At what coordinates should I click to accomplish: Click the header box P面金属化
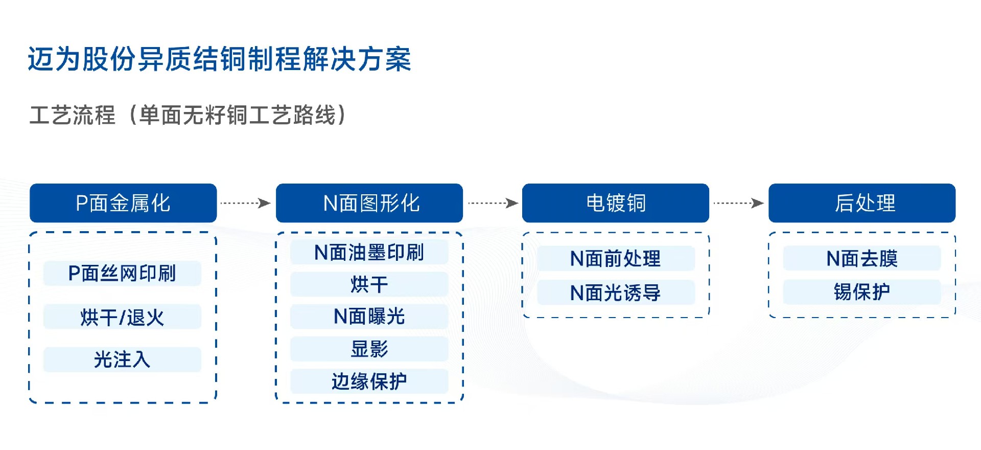coord(123,203)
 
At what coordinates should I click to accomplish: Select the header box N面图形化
coord(369,203)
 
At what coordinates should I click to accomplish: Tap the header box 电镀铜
coord(616,203)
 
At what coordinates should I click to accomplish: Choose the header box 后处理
coord(862,203)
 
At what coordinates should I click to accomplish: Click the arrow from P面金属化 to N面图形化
coord(246,203)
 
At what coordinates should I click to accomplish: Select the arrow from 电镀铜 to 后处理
coord(738,203)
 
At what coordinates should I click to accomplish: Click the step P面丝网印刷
coord(122,274)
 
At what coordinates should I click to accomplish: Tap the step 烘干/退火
coord(122,317)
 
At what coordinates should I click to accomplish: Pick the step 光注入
coord(122,359)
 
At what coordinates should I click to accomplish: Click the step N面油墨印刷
coord(369,252)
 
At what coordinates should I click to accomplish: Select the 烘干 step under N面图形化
coord(369,284)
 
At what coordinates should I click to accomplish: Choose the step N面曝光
coord(369,317)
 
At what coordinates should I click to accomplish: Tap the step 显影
coord(369,349)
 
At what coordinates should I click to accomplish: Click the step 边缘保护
coord(369,381)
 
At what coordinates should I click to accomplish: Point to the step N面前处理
coord(616,258)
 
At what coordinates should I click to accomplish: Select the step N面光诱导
coord(616,292)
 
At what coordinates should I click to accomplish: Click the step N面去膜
coord(862,258)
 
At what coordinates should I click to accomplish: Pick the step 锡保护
coord(862,292)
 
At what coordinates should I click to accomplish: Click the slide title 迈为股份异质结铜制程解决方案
coord(220,59)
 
